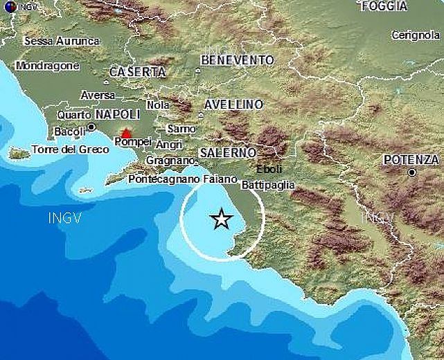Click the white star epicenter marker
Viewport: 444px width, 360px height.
(221, 219)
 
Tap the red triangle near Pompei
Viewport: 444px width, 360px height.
(126, 133)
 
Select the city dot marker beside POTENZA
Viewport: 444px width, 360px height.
(412, 172)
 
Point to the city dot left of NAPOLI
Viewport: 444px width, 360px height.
(91, 127)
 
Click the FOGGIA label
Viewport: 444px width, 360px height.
(383, 6)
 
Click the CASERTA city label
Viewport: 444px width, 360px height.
(138, 72)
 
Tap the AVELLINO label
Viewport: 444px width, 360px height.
(233, 105)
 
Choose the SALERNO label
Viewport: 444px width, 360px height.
(228, 152)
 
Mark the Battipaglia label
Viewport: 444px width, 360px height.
(268, 185)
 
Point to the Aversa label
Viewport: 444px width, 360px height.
(98, 94)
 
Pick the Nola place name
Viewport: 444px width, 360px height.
(159, 105)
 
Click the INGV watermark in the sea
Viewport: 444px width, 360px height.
(64, 219)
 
